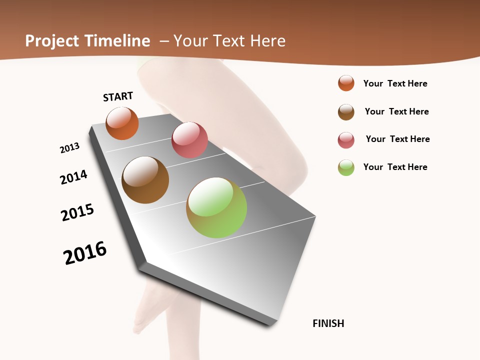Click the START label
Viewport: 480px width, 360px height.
click(118, 96)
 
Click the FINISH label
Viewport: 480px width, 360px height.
click(328, 323)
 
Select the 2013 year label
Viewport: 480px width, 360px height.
click(69, 148)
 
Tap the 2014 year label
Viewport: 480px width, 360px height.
click(73, 177)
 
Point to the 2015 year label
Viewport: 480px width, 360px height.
click(77, 212)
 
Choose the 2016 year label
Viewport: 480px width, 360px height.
click(85, 253)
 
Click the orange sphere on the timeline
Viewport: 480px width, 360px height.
click(122, 123)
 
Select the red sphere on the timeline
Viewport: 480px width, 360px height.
click(189, 140)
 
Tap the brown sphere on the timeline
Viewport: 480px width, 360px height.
click(145, 180)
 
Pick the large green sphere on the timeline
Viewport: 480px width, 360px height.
click(216, 207)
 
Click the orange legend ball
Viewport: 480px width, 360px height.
click(346, 83)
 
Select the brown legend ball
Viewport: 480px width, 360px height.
click(346, 112)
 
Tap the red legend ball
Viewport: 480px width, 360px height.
click(346, 140)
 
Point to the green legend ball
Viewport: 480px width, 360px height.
click(346, 167)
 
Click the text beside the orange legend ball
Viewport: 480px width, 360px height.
click(395, 83)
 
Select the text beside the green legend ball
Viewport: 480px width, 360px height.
click(395, 167)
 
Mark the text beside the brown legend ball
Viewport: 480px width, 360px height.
click(396, 111)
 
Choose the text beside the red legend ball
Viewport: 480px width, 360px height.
click(397, 139)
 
